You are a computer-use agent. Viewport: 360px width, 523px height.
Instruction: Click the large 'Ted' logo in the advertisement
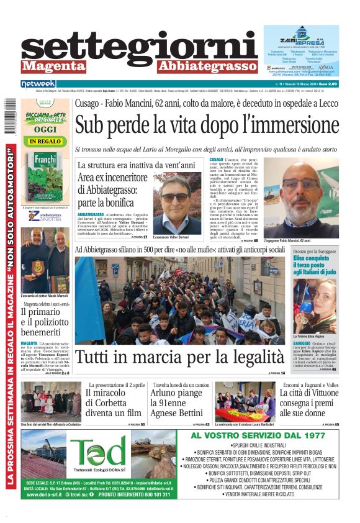coord(97,452)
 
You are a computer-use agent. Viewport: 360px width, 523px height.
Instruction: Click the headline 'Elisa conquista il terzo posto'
coord(315,266)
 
